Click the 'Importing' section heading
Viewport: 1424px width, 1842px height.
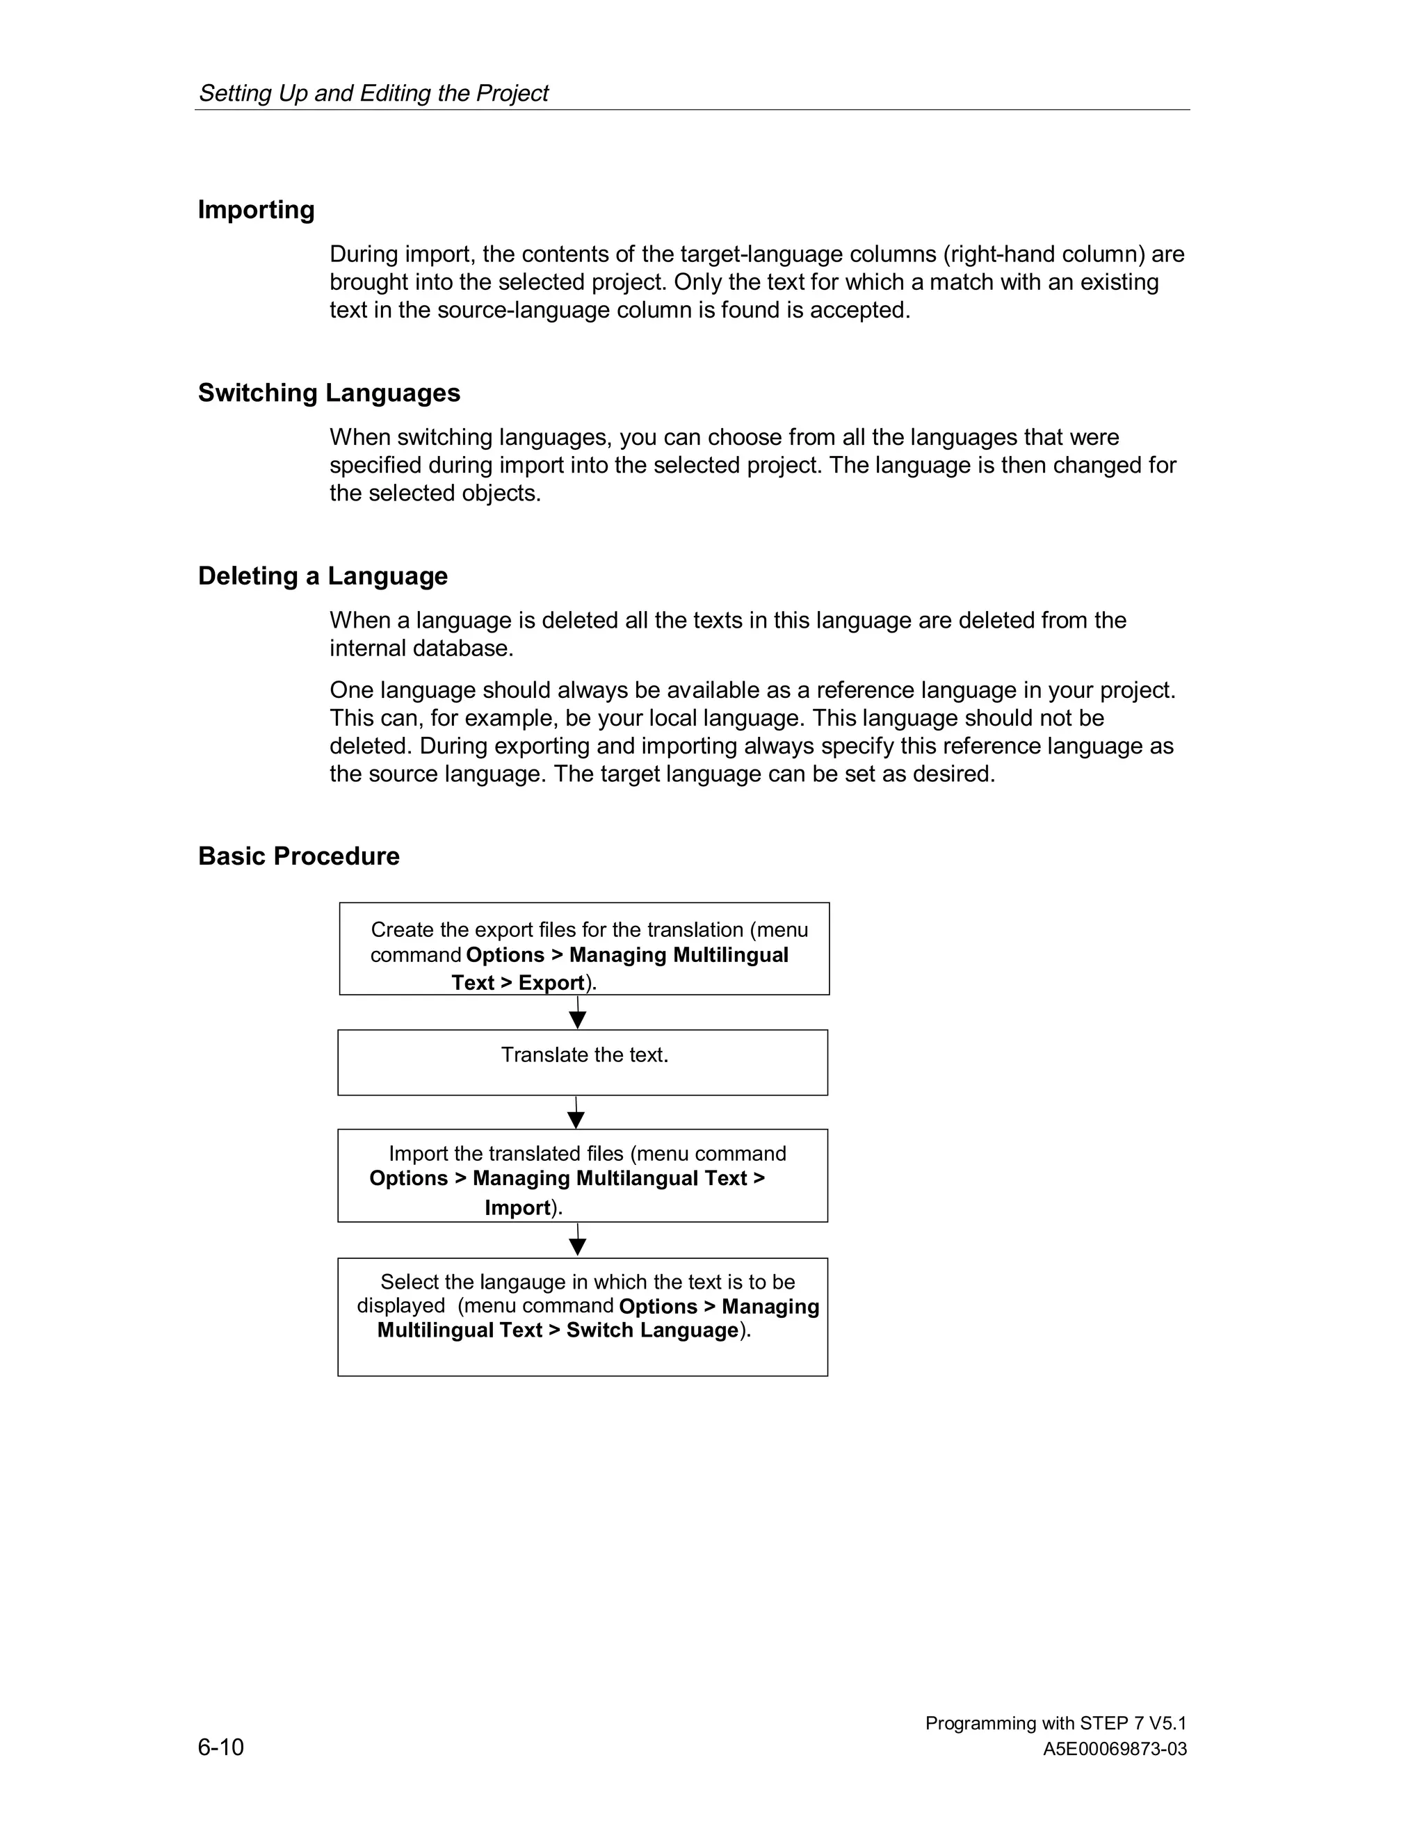point(256,210)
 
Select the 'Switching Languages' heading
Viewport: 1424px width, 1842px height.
point(329,393)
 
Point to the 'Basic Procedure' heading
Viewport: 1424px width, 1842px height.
point(298,856)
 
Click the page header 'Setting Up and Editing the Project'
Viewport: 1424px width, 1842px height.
point(373,92)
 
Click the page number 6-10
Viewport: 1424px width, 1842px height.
point(221,1747)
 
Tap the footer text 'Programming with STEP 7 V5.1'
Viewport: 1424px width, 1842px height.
point(1055,1723)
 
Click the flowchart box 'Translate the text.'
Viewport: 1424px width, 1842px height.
point(583,1062)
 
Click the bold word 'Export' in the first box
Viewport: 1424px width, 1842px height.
point(551,983)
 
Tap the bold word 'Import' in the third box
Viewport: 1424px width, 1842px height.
point(517,1208)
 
